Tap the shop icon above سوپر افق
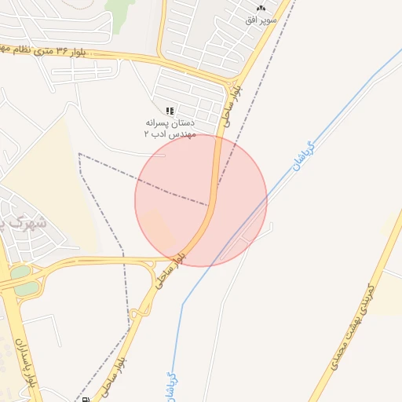click(x=261, y=6)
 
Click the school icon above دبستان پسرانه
click(x=170, y=111)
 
